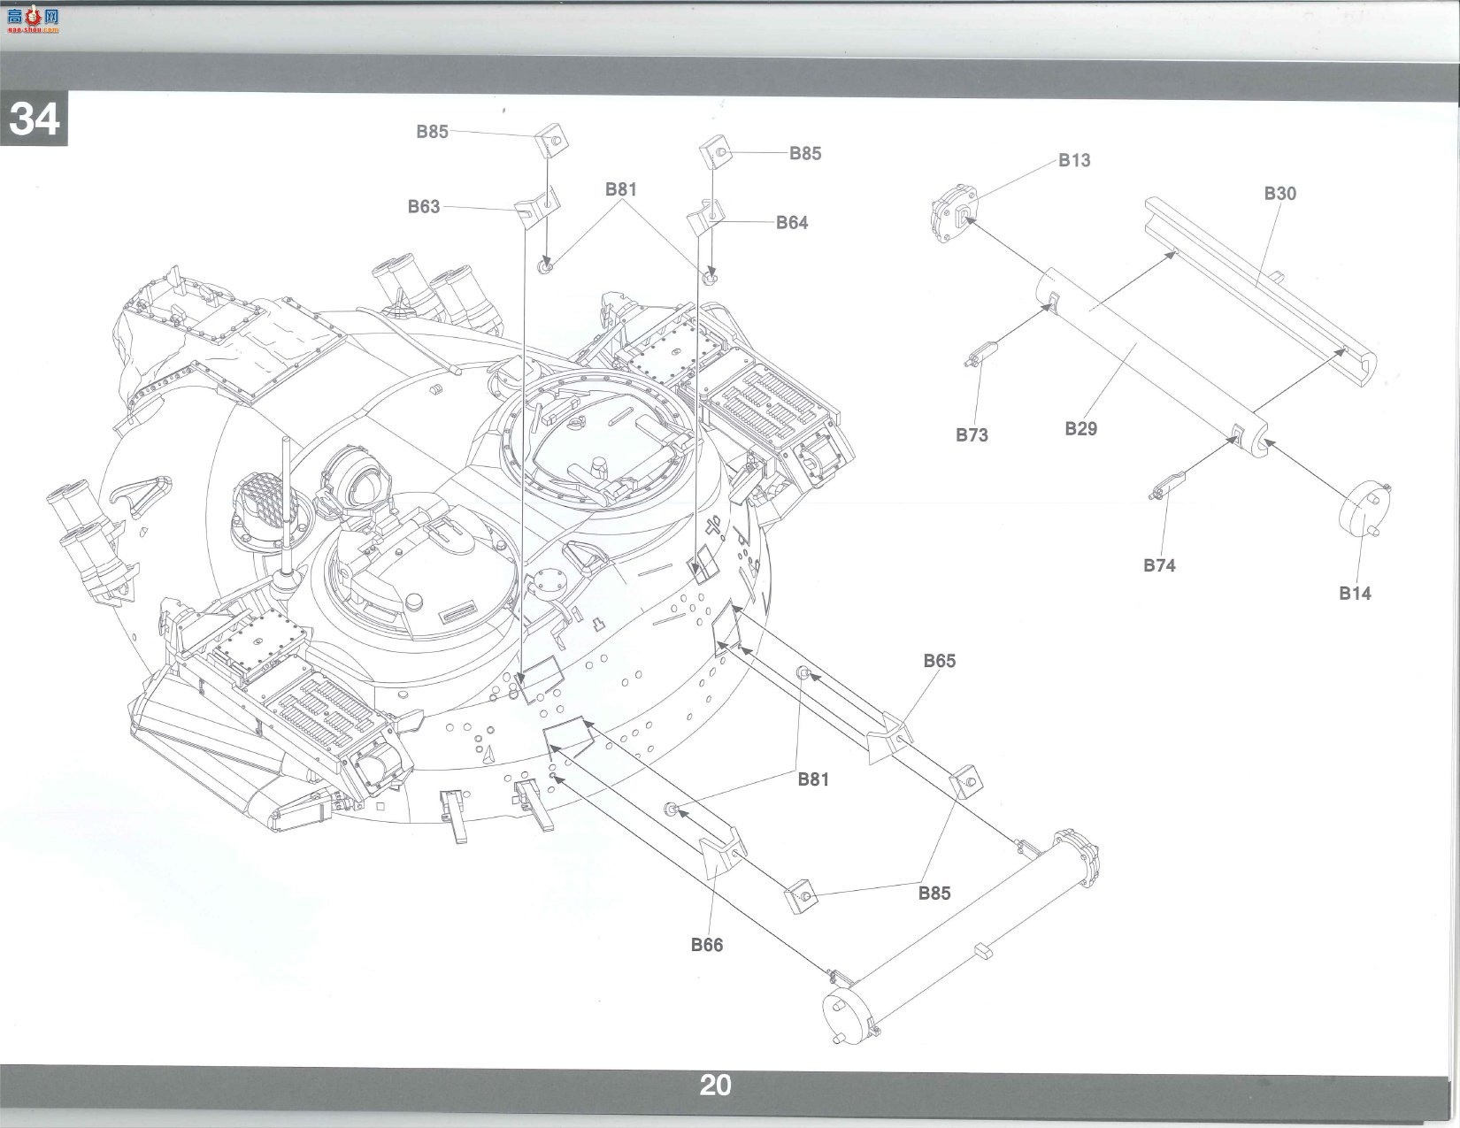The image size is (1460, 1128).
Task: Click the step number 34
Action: pyautogui.click(x=35, y=119)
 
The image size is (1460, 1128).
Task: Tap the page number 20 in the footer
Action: pyautogui.click(x=716, y=1085)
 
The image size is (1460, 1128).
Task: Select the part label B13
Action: pyautogui.click(x=1074, y=160)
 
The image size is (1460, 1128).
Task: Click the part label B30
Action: pyautogui.click(x=1280, y=194)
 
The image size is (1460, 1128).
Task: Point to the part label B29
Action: pyautogui.click(x=1081, y=428)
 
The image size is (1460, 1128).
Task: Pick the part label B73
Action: pyautogui.click(x=972, y=435)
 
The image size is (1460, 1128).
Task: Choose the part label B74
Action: pyautogui.click(x=1160, y=565)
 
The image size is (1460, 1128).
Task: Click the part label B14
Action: pyautogui.click(x=1356, y=594)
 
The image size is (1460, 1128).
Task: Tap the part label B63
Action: pyautogui.click(x=424, y=206)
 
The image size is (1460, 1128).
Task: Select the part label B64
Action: pyautogui.click(x=792, y=222)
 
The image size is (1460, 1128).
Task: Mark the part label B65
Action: pyautogui.click(x=940, y=660)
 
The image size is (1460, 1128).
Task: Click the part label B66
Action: pyautogui.click(x=707, y=945)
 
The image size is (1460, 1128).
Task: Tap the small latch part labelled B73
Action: pyautogui.click(x=981, y=353)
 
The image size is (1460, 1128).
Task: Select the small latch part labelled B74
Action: pyautogui.click(x=1168, y=486)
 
